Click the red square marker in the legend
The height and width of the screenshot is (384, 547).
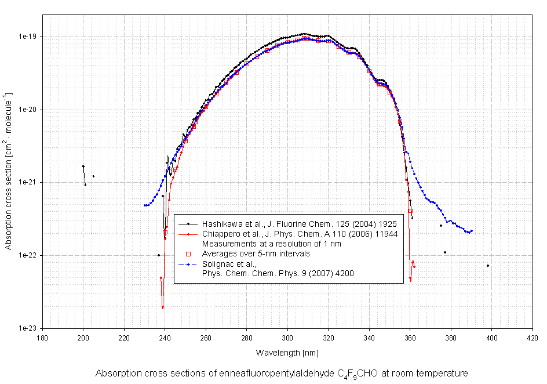pyautogui.click(x=187, y=253)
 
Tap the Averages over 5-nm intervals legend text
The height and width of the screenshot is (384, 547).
pyautogui.click(x=256, y=253)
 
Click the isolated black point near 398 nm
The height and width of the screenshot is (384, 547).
pyautogui.click(x=488, y=266)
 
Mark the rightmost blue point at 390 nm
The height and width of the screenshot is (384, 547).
pyautogui.click(x=472, y=231)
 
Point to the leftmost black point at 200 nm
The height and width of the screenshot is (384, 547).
pyautogui.click(x=83, y=166)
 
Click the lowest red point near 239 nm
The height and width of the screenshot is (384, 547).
pyautogui.click(x=163, y=307)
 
